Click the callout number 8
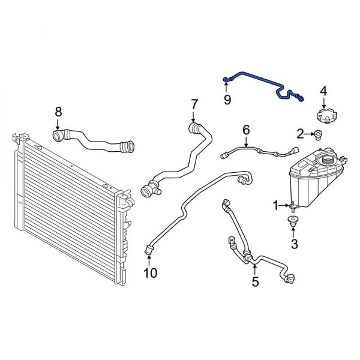(58, 112)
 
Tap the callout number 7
(194, 104)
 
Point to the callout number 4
(323, 91)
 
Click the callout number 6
(245, 130)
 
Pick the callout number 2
(300, 133)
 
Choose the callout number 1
(276, 206)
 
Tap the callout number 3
(294, 244)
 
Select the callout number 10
(150, 274)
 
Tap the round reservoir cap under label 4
(324, 114)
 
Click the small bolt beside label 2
(317, 134)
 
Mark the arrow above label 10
(149, 259)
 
